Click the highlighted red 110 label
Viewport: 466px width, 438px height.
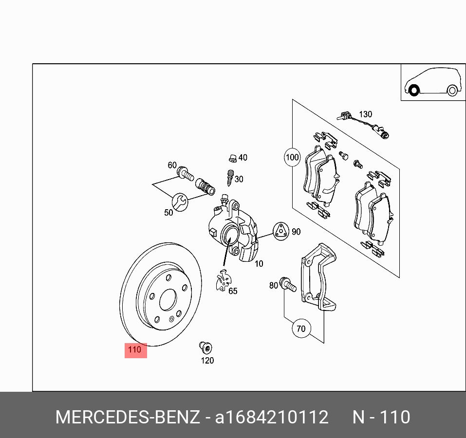135,349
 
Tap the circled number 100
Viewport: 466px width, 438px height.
292,157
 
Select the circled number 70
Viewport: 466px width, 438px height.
301,329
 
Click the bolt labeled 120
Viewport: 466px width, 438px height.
205,347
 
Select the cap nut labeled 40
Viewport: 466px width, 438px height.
232,158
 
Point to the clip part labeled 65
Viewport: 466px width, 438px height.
224,281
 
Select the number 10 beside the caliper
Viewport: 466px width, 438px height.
259,264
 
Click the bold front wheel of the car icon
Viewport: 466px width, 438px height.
413,91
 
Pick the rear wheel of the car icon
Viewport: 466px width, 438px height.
452,91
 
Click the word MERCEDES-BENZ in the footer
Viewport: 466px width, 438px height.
128,417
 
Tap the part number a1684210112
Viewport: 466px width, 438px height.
272,417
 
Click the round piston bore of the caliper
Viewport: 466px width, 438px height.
228,237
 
